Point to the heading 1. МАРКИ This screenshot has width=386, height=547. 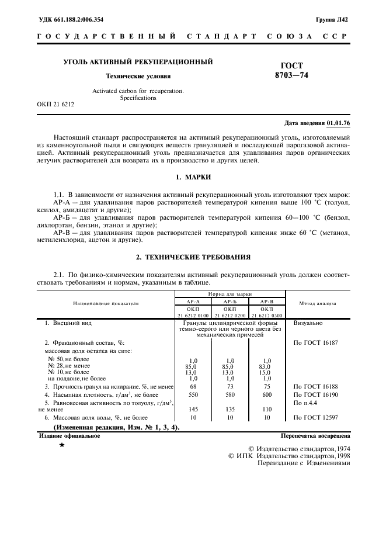click(193, 176)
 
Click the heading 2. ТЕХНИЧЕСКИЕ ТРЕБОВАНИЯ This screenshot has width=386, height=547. click(193, 256)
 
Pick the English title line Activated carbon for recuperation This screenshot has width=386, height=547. click(138, 91)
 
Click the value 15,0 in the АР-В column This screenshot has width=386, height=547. click(267, 372)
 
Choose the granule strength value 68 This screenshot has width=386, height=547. click(193, 386)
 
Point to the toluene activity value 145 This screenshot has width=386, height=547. click(193, 409)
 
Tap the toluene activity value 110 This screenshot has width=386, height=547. click(267, 409)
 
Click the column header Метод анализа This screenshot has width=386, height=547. click(318, 303)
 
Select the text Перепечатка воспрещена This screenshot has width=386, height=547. click(315, 435)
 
